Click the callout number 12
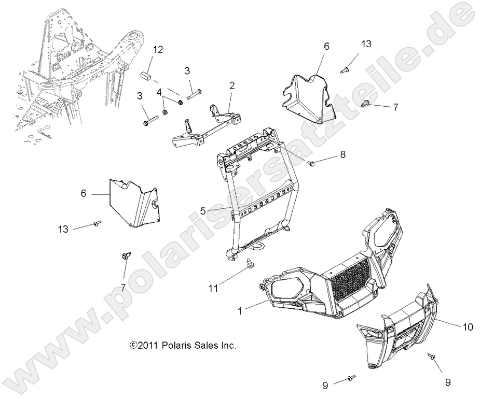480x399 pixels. (x=158, y=49)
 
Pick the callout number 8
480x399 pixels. (x=342, y=154)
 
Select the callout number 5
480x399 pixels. (x=203, y=210)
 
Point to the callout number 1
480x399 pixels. (x=240, y=311)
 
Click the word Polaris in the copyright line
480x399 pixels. (x=175, y=345)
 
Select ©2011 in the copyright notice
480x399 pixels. (x=142, y=345)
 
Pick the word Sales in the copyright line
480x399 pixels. (x=207, y=345)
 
